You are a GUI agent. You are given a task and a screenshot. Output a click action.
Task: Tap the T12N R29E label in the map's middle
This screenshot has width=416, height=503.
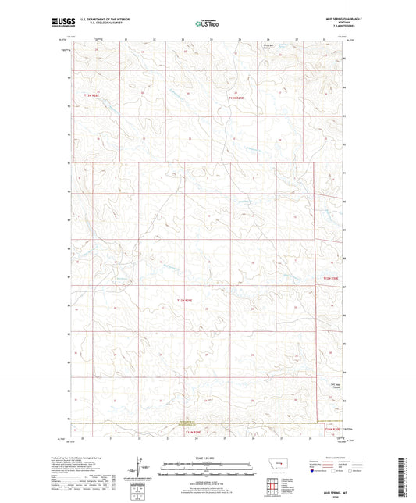coord(183,300)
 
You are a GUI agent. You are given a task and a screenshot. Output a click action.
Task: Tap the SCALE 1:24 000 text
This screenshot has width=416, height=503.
coord(208,458)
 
